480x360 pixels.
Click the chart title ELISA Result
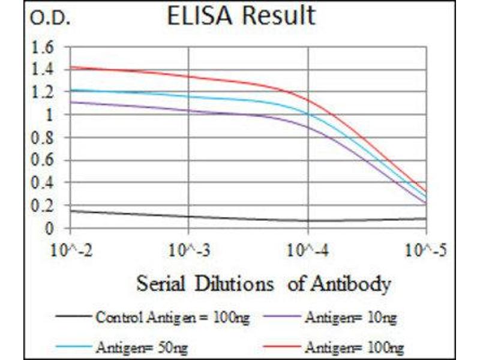[241, 16]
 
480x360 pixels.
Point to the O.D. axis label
[50, 19]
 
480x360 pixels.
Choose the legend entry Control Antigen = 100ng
[149, 316]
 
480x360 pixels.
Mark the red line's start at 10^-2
[71, 67]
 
